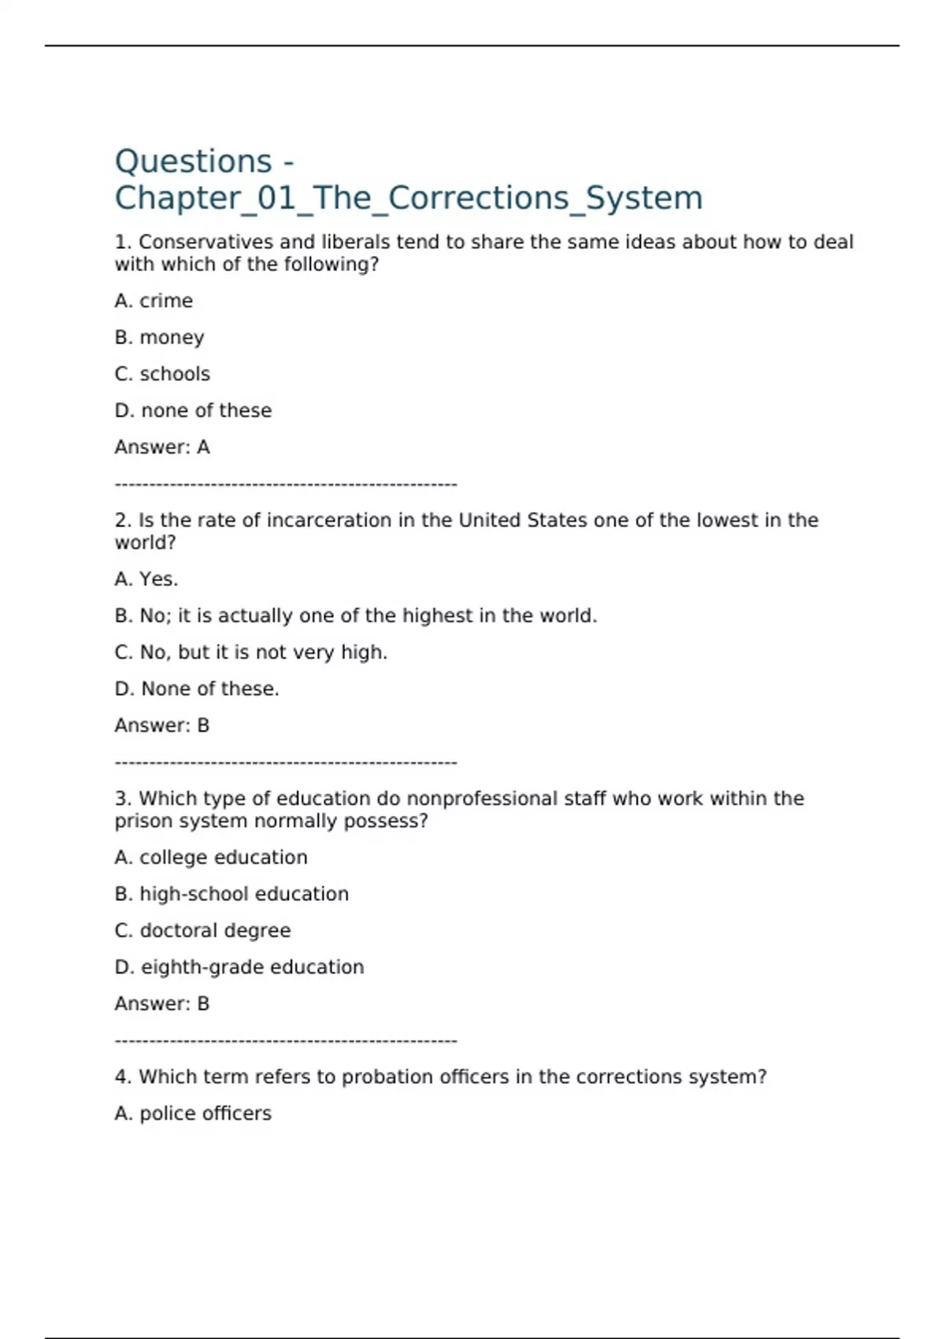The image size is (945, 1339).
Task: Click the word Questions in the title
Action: point(194,161)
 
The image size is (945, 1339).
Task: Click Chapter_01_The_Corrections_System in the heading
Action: point(408,198)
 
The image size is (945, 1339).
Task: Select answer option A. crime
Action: point(154,301)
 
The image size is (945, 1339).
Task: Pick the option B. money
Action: point(159,337)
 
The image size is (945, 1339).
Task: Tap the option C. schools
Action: point(162,374)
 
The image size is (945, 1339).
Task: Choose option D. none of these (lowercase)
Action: point(193,410)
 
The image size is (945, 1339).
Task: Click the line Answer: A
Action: point(162,447)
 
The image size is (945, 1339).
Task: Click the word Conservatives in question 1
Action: point(206,242)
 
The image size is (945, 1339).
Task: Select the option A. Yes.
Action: point(146,579)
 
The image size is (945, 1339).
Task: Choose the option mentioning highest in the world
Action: point(356,616)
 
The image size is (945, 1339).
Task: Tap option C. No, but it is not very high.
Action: point(251,652)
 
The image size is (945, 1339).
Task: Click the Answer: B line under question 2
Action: point(162,725)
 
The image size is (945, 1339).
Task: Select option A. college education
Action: point(211,857)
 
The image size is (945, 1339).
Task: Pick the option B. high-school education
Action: point(232,894)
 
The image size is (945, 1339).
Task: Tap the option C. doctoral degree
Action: point(202,930)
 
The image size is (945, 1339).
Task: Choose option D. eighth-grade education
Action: point(239,967)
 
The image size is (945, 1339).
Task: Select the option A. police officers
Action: point(193,1114)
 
